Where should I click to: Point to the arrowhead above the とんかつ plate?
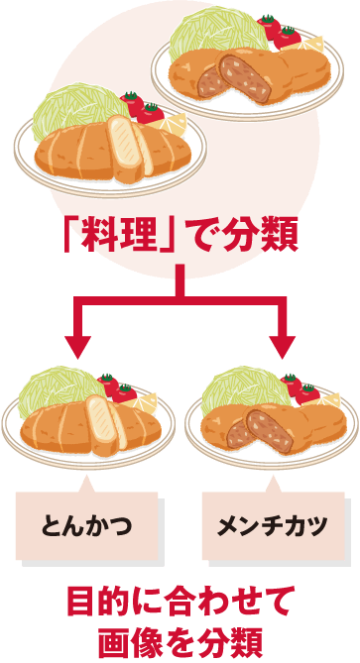tap(78, 346)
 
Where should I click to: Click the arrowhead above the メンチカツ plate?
tap(284, 346)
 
